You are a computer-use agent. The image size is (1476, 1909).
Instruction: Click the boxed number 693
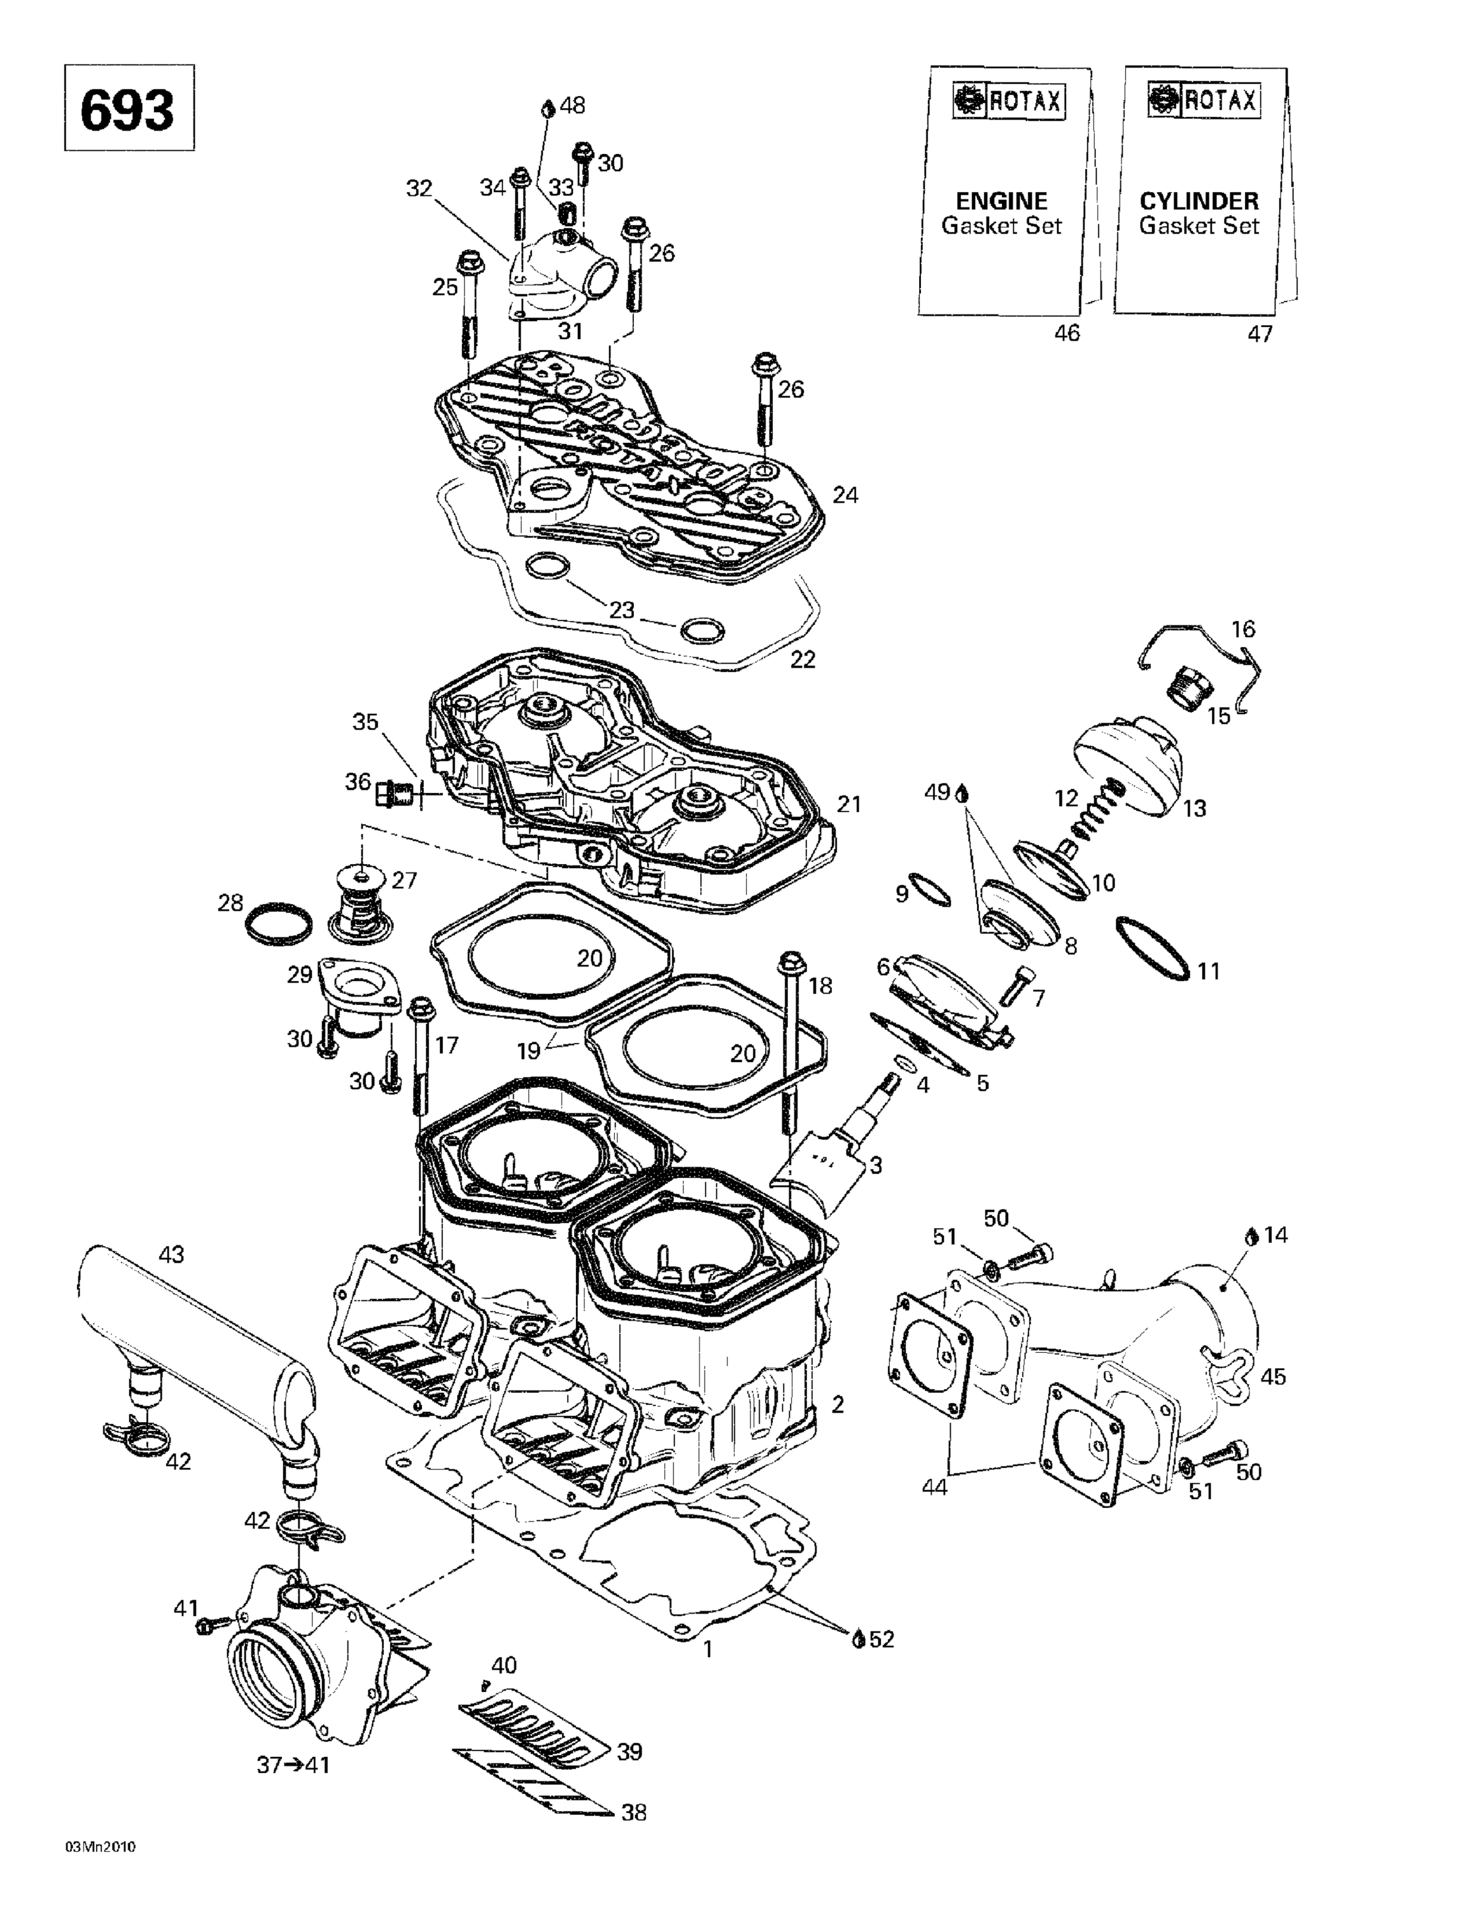128,109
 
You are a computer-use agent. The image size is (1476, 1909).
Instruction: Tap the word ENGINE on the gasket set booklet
1001,201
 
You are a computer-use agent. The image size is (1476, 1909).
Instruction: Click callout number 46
1067,333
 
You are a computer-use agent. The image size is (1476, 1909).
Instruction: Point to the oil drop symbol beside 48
548,108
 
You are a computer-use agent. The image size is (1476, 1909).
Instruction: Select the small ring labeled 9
929,890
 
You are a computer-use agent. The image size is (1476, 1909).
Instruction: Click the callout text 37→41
293,1765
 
